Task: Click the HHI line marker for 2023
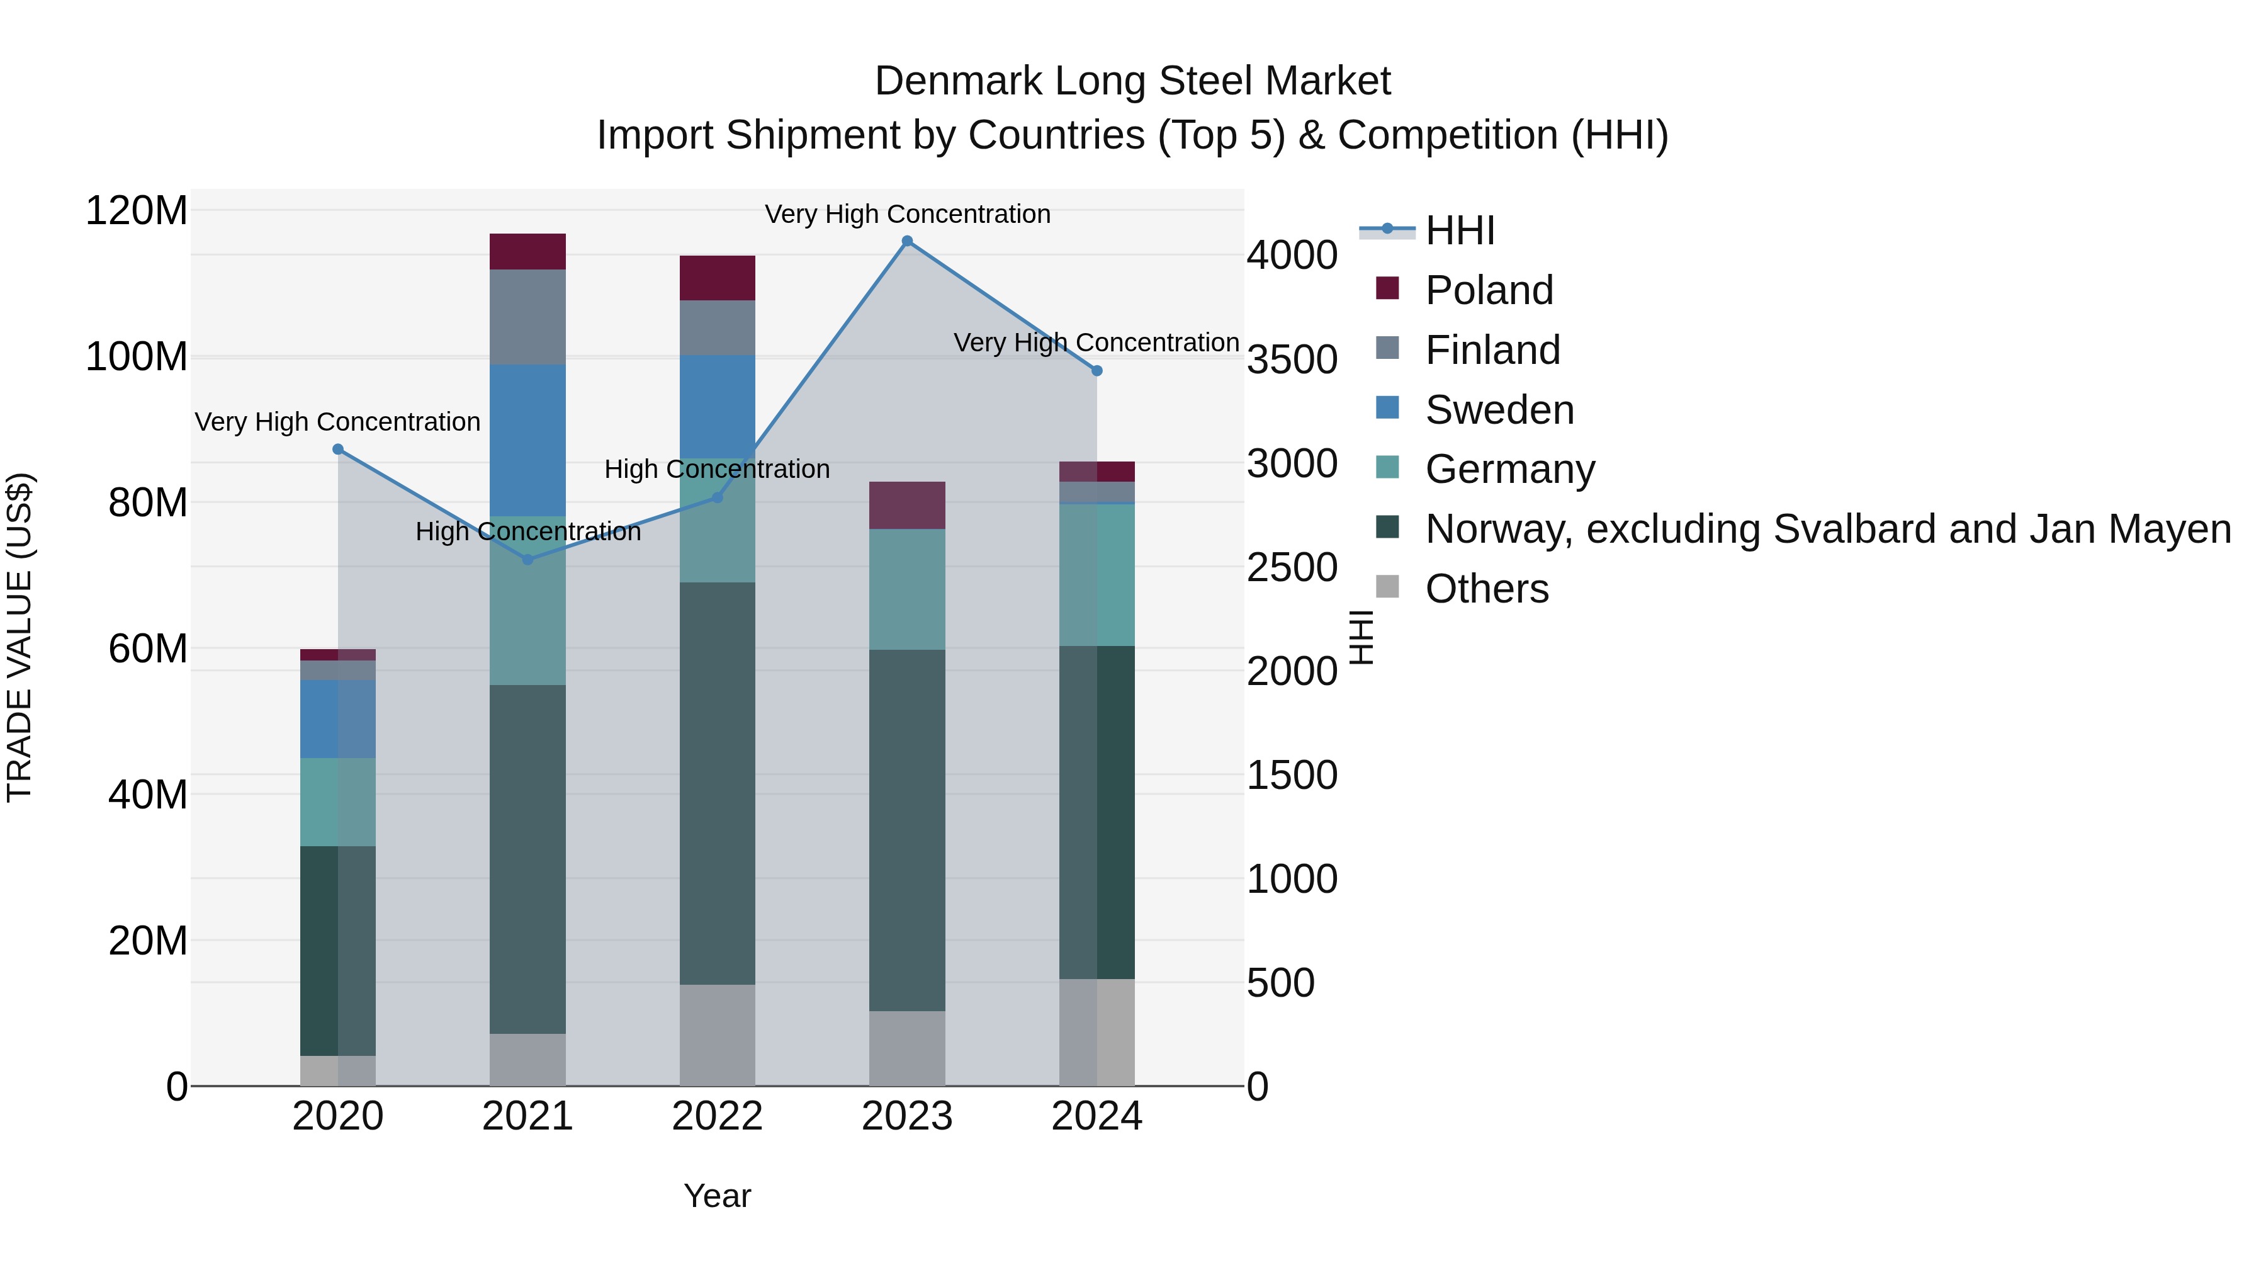[907, 241]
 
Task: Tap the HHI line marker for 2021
[528, 560]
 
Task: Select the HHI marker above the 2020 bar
[338, 450]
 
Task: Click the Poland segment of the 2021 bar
[528, 252]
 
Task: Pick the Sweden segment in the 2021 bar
[528, 440]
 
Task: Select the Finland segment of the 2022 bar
[717, 327]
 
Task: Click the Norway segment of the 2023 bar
[907, 830]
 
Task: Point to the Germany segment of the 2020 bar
[338, 802]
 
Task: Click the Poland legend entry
[1489, 290]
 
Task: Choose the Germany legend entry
[1509, 469]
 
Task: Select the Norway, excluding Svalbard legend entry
[1827, 529]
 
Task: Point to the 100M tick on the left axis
[137, 357]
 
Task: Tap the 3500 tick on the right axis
[1292, 359]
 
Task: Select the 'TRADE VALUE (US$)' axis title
[20, 637]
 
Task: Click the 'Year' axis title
[717, 1196]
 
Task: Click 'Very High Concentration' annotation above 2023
[907, 214]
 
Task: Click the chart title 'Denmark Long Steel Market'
[1132, 81]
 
